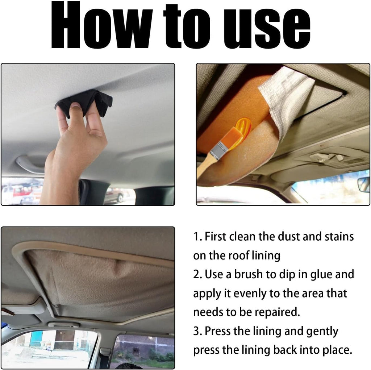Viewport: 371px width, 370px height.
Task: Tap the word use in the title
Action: [x=267, y=28]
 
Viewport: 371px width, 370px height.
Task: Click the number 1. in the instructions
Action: [x=197, y=237]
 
